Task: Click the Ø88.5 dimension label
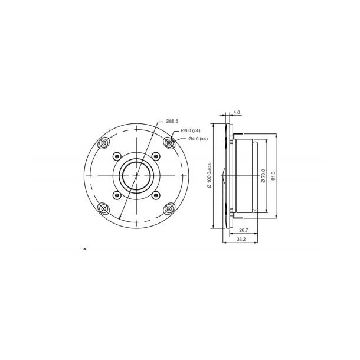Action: tap(172, 121)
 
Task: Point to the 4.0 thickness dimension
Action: tap(237, 112)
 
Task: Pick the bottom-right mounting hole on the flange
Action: tap(170, 208)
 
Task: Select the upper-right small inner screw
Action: tap(156, 156)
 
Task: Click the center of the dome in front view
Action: tap(137, 175)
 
